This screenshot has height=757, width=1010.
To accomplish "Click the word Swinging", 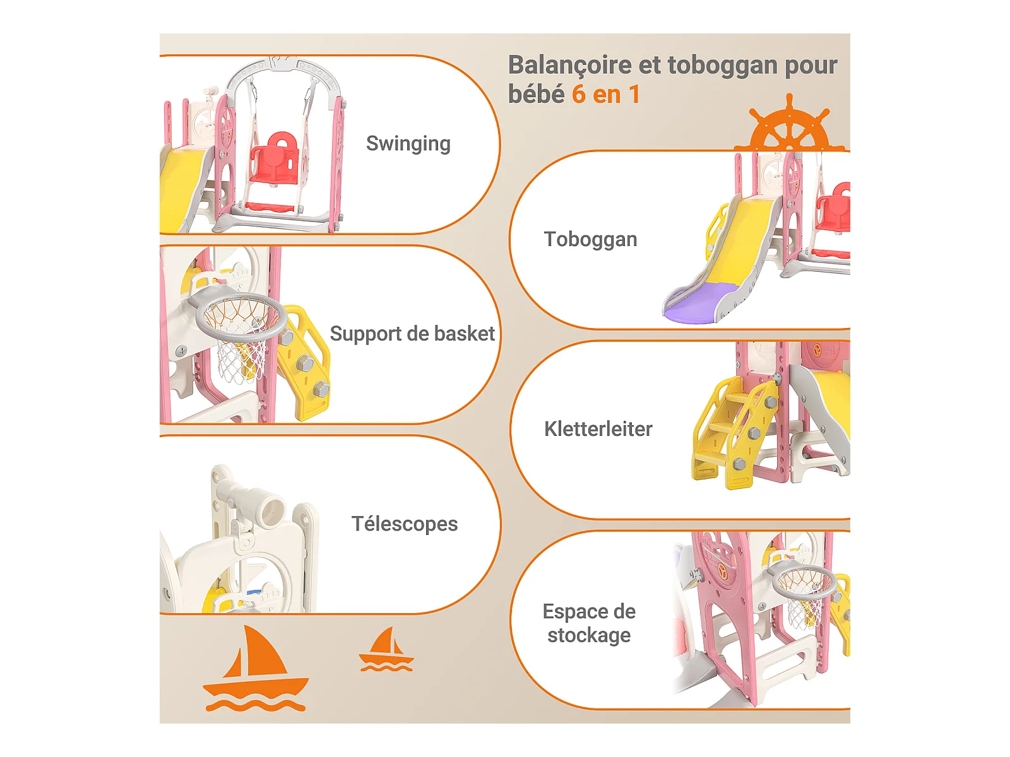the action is [x=408, y=144].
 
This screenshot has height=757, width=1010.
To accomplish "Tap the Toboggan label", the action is [x=590, y=240].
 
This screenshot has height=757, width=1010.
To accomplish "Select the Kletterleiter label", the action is [x=598, y=429].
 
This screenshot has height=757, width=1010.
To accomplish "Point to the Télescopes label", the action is [x=404, y=524].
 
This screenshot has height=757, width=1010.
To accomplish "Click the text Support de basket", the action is [x=412, y=334].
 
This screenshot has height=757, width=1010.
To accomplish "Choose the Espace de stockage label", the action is [x=589, y=623].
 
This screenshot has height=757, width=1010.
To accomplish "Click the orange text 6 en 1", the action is [x=606, y=95].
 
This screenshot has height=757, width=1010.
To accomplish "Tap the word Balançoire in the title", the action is [x=569, y=65].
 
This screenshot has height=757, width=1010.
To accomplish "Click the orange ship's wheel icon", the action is [x=789, y=126].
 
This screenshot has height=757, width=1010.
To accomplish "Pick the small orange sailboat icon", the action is [x=386, y=650].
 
